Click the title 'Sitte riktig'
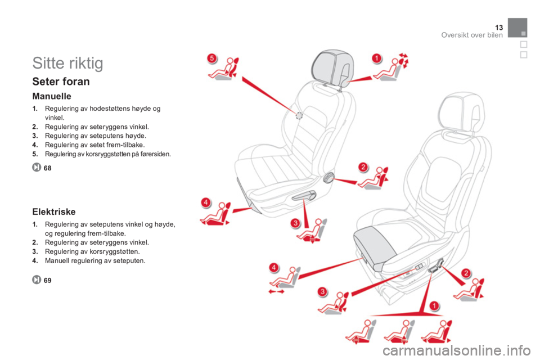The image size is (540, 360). tap(67, 63)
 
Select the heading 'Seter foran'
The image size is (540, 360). tap(61, 82)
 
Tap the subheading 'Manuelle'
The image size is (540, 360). tap(52, 96)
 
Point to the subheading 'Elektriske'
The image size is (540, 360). tap(54, 211)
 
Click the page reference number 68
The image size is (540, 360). tap(47, 168)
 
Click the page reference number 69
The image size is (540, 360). tap(47, 281)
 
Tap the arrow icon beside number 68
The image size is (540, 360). tap(37, 168)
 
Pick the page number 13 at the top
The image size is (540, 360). tap(499, 28)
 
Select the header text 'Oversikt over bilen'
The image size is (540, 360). tap(472, 35)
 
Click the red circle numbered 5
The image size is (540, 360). tap(212, 58)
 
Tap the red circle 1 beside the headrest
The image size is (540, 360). tap(377, 58)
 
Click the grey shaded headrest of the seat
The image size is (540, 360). tap(332, 67)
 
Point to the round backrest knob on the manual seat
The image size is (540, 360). tap(328, 178)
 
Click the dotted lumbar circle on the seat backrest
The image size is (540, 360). tap(299, 116)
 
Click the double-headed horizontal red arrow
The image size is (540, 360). tap(276, 291)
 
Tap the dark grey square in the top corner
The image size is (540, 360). tap(517, 28)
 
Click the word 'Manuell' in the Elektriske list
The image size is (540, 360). tap(56, 261)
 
